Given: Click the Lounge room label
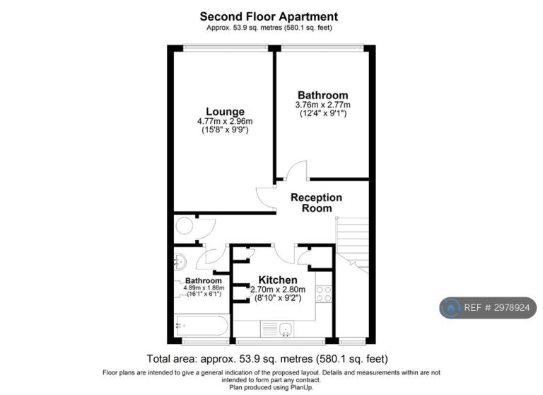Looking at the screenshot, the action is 225,112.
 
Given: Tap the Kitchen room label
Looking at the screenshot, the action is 278,280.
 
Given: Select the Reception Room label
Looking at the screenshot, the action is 316,203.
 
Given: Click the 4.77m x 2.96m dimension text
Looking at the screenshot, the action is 225,121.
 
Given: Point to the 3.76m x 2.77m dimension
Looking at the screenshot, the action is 322,105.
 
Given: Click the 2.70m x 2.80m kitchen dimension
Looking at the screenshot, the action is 278,290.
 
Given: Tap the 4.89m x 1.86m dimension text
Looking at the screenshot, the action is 204,288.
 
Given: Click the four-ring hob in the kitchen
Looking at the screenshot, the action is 324,293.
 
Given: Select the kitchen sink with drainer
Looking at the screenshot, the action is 277,328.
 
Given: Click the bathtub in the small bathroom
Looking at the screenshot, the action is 202,326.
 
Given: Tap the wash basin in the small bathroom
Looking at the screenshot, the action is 180,261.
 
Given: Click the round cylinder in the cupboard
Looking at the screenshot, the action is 184,226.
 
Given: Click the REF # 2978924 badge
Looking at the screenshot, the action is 488,308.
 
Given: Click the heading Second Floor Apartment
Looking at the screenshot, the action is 269,16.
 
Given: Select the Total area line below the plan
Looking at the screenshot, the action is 267,359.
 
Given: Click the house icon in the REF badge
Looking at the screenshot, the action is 450,308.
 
